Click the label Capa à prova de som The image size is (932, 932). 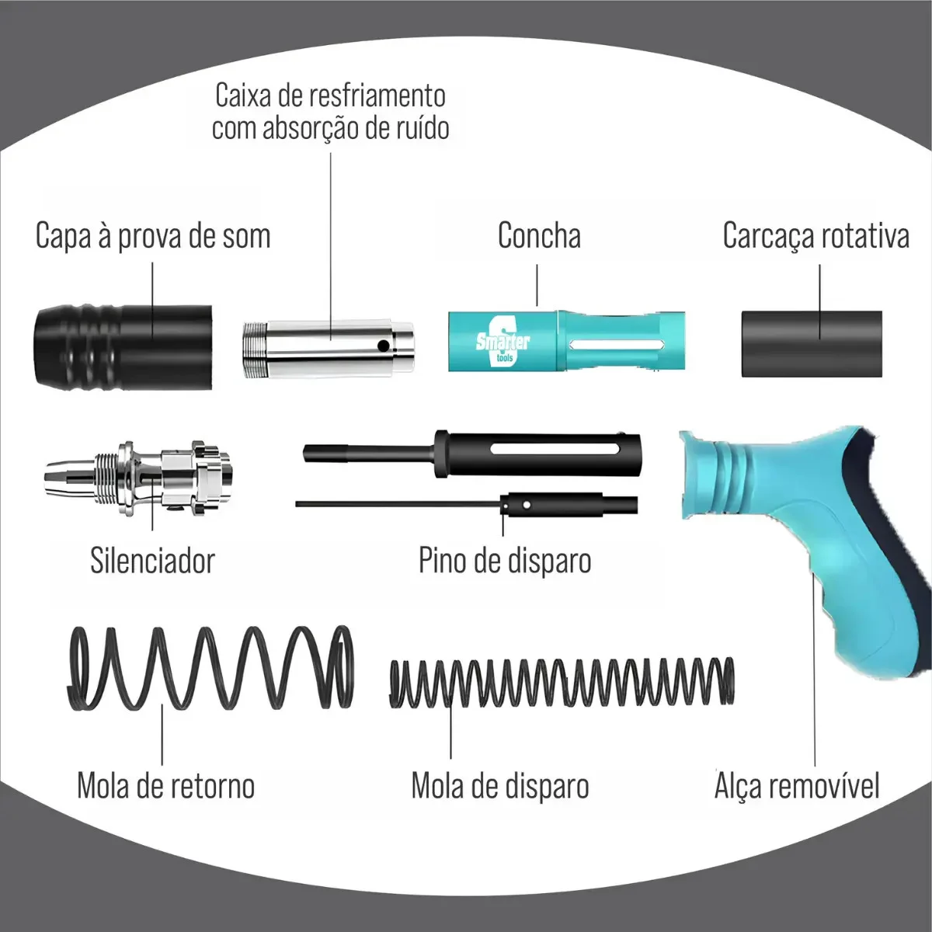pyautogui.click(x=153, y=236)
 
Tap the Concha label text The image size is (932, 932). pyautogui.click(x=539, y=235)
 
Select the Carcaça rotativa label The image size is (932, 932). pyautogui.click(x=816, y=236)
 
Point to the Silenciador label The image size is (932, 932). pyautogui.click(x=152, y=561)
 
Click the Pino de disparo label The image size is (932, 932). pyautogui.click(x=505, y=561)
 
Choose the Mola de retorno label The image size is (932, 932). pyautogui.click(x=166, y=786)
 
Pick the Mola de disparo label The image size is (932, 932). pyautogui.click(x=500, y=786)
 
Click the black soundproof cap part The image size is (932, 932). pyautogui.click(x=123, y=347)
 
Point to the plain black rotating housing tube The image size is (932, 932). pyautogui.click(x=812, y=344)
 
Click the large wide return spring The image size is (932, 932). pyautogui.click(x=210, y=668)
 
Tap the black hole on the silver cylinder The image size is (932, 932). pyautogui.click(x=383, y=346)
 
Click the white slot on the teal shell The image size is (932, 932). pyautogui.click(x=616, y=344)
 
